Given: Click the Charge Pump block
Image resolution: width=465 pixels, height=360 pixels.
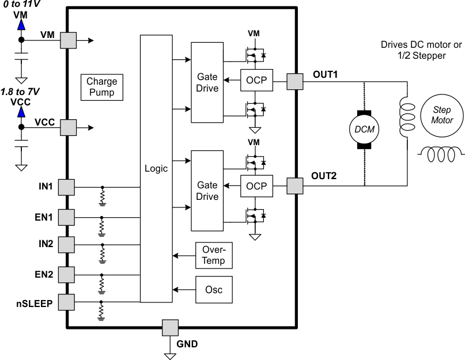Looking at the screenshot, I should pos(101,88).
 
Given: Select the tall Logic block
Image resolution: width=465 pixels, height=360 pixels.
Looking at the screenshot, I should pos(157,168).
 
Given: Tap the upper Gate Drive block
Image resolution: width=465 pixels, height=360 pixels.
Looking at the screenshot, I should pos(207,82).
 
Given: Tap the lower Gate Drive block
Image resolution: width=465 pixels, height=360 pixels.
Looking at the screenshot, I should pos(207,191).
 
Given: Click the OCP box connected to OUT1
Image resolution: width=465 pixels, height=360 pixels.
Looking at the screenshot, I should pos(256,81).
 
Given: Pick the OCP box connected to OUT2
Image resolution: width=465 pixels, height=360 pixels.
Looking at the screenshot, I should pos(256,186).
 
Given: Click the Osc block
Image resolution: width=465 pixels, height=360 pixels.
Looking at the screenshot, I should pos(214,289).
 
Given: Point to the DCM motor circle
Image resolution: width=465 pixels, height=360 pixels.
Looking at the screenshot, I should pos(364,129).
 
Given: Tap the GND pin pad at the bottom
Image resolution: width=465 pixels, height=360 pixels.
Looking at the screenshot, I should pos(170,328).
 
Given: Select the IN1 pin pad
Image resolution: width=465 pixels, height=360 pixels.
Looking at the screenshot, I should pos(67,187).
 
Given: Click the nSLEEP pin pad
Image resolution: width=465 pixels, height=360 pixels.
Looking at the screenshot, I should pos(67,301).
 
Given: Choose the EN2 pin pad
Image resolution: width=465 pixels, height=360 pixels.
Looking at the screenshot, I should pos(67,274).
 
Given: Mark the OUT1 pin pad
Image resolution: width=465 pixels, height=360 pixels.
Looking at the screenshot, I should pos(295,81).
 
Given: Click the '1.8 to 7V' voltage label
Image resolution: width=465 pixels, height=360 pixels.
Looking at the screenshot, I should pos(20,92).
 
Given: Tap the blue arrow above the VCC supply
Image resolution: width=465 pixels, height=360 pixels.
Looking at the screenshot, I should pos(21,112).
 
